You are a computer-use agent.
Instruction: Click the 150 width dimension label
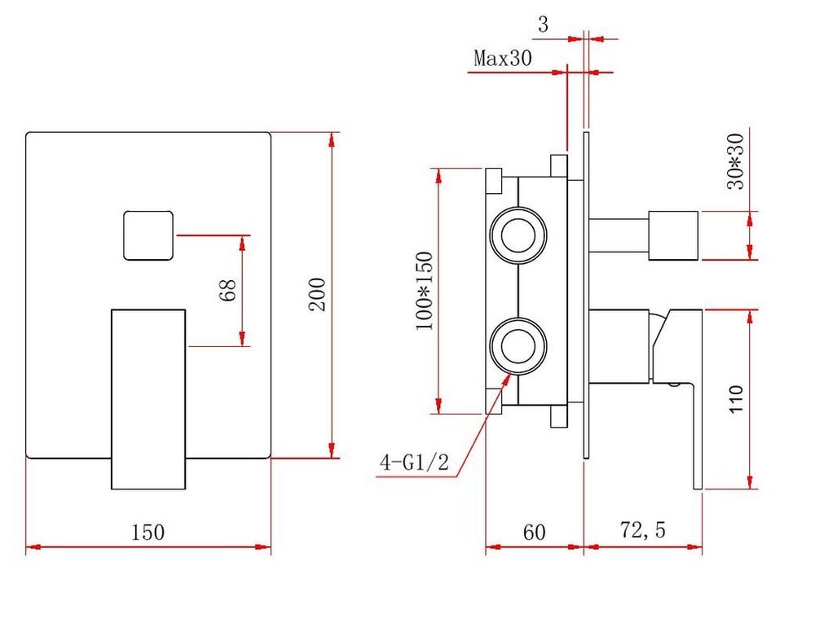coord(148,533)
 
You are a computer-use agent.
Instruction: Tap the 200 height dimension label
coord(317,295)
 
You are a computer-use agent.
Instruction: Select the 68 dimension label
coord(227,290)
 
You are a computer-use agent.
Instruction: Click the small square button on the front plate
coord(148,235)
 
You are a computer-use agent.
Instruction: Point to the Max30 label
coord(503,58)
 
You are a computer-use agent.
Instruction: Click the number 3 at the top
coord(543,24)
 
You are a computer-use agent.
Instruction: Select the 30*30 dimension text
coord(735,161)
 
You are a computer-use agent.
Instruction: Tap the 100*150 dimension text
coord(424,290)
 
